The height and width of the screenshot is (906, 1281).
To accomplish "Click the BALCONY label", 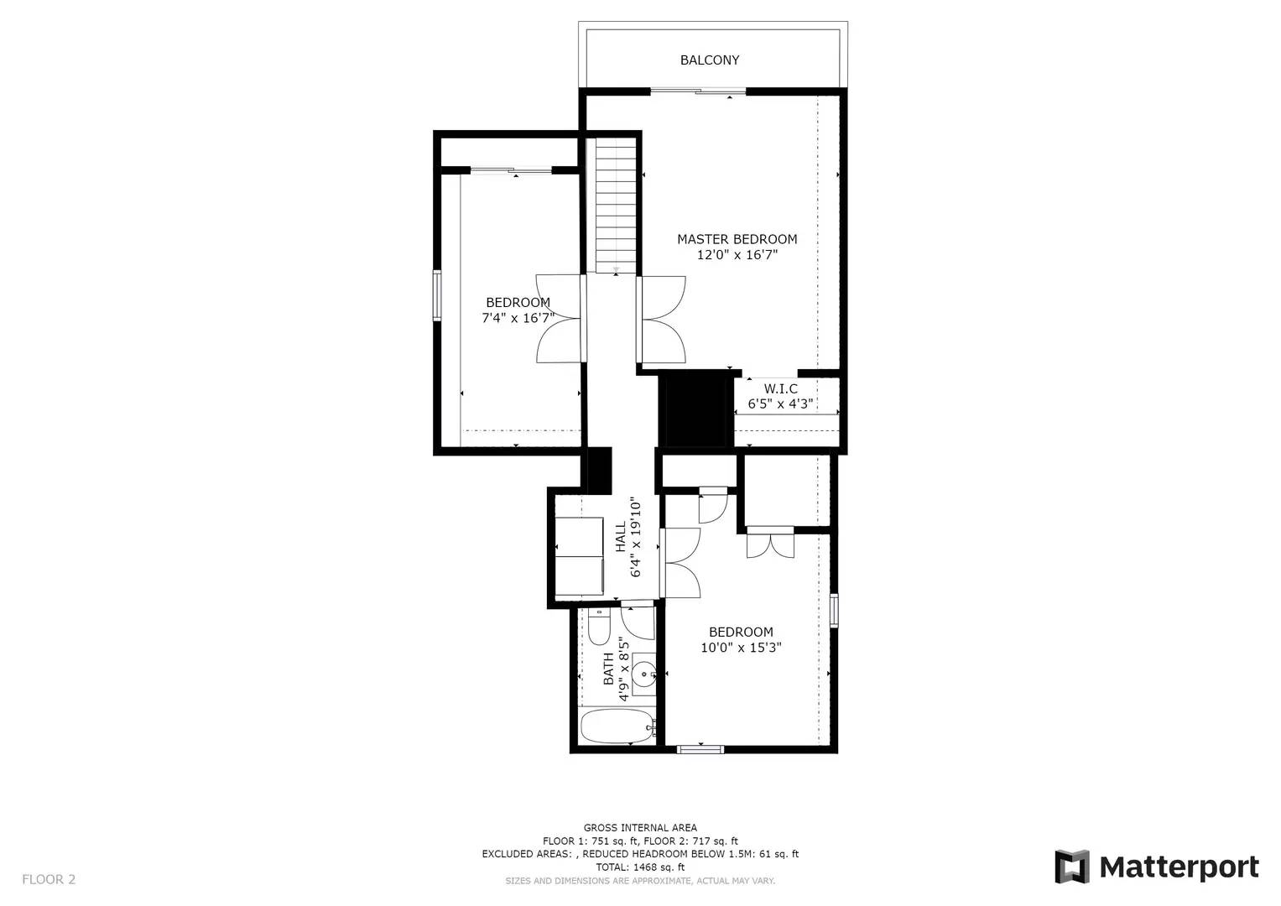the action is [x=709, y=60].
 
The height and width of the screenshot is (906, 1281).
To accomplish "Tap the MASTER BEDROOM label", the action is [x=737, y=239].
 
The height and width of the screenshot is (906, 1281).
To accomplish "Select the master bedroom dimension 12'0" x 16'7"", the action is [x=737, y=254].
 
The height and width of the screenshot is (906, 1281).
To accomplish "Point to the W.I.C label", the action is [x=781, y=389].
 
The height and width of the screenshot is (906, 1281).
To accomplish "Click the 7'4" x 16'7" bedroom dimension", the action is [x=518, y=318].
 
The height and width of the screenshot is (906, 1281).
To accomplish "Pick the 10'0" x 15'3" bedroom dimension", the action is [x=741, y=648].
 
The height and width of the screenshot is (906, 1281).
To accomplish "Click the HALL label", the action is [x=621, y=537].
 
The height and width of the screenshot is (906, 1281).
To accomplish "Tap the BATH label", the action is [x=608, y=669].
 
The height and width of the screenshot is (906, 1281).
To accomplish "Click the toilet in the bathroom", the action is [x=599, y=627].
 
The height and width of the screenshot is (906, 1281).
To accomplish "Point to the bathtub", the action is [x=617, y=726].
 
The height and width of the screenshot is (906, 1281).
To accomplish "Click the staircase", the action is [x=616, y=206].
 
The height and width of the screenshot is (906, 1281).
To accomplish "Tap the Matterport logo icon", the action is [x=1071, y=867].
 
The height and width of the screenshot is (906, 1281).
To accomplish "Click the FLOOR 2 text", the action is [x=49, y=879].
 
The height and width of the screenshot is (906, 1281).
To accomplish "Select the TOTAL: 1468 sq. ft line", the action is [x=640, y=867].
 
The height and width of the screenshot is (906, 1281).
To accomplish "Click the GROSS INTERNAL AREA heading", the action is [x=640, y=828].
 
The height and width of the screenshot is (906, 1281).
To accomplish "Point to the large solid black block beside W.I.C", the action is [x=696, y=409].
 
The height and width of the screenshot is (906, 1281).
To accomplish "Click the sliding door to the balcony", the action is [x=698, y=91].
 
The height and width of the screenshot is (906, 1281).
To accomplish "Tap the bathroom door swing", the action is [x=638, y=623].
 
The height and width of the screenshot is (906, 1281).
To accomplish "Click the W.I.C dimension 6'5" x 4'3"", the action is [x=781, y=404].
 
